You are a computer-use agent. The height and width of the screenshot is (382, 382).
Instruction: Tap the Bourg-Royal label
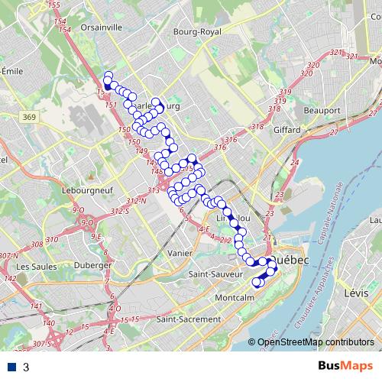(196, 32)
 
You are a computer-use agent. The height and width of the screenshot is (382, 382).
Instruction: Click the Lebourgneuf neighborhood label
(83, 187)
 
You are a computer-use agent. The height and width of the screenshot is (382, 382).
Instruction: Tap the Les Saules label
(33, 266)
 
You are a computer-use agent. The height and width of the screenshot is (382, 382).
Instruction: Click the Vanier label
(180, 252)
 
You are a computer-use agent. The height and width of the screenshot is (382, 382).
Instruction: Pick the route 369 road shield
(50, 116)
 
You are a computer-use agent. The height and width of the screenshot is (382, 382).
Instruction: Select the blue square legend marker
(13, 367)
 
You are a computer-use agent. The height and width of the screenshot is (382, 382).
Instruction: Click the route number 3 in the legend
(26, 367)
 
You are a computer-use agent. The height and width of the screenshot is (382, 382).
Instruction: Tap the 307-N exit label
(9, 255)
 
